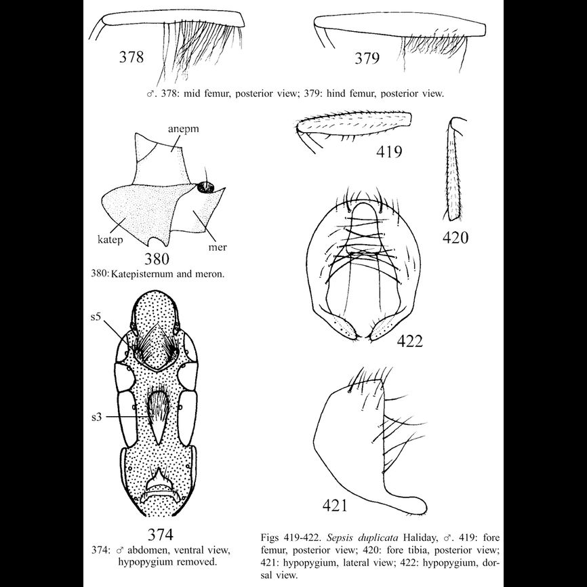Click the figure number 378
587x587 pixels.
(131, 56)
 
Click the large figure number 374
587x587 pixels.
(161, 531)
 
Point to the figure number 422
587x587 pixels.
(408, 341)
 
